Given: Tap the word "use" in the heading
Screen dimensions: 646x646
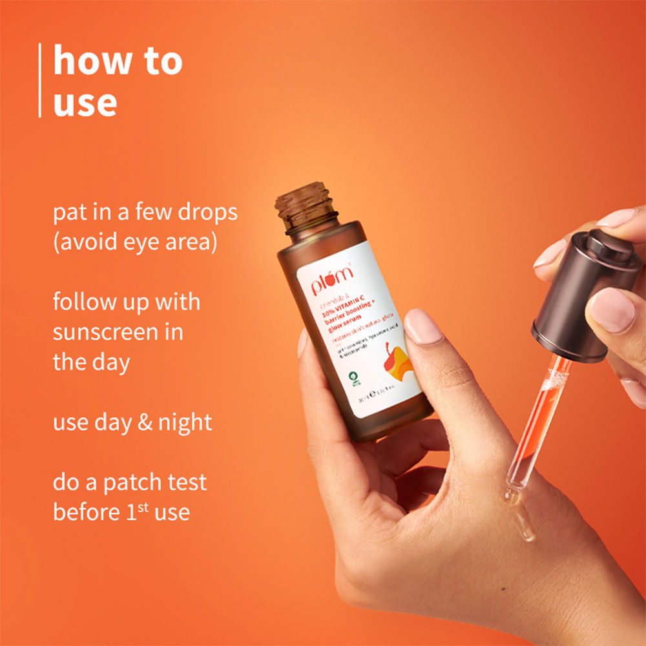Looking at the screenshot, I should click(x=85, y=103).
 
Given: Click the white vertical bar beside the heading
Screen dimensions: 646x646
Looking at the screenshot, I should click(x=40, y=80).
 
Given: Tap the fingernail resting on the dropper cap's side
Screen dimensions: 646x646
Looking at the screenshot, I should click(x=612, y=309).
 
